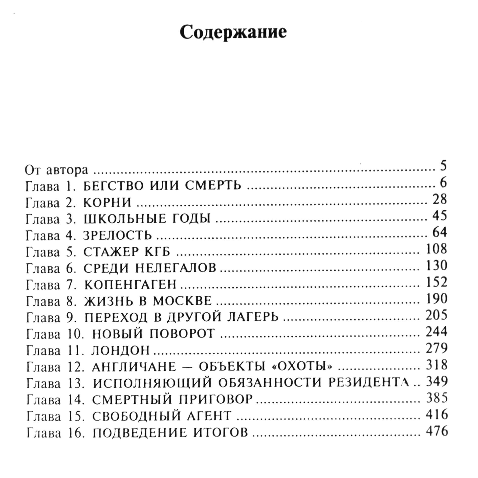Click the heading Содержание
(x=233, y=33)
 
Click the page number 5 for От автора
(x=443, y=166)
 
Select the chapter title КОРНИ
(x=107, y=203)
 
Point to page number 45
(x=440, y=215)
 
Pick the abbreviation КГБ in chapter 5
(x=158, y=252)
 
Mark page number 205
(x=437, y=315)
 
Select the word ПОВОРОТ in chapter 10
(x=182, y=334)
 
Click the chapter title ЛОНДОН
(x=120, y=351)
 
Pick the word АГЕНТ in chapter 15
(x=209, y=416)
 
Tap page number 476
(x=437, y=431)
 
